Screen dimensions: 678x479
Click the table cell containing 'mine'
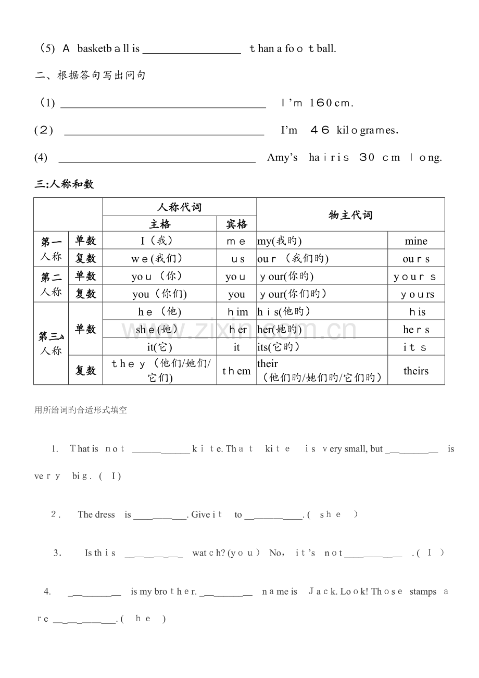tap(415, 241)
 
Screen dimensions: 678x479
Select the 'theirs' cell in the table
tap(415, 371)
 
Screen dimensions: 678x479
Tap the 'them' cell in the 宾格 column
tap(236, 371)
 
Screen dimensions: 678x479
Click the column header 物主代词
tap(350, 215)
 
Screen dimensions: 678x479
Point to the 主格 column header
tap(159, 224)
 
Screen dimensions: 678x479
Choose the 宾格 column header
tap(236, 224)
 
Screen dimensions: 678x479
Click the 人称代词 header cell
tap(179, 207)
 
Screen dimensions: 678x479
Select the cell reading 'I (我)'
tap(159, 241)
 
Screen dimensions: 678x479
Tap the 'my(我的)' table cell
tap(322, 241)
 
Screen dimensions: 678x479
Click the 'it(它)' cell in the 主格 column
tap(159, 347)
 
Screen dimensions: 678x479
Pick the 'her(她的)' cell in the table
tap(322, 329)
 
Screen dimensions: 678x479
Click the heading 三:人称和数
tap(64, 184)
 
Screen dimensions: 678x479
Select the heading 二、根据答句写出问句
tap(90, 76)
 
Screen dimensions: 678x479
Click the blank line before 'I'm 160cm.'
tap(163, 103)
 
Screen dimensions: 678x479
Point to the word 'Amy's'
tap(282, 157)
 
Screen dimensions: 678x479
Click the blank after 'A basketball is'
tap(192, 49)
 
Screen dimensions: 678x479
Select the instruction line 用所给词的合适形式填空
tap(80, 410)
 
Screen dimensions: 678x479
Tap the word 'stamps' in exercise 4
tap(423, 592)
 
